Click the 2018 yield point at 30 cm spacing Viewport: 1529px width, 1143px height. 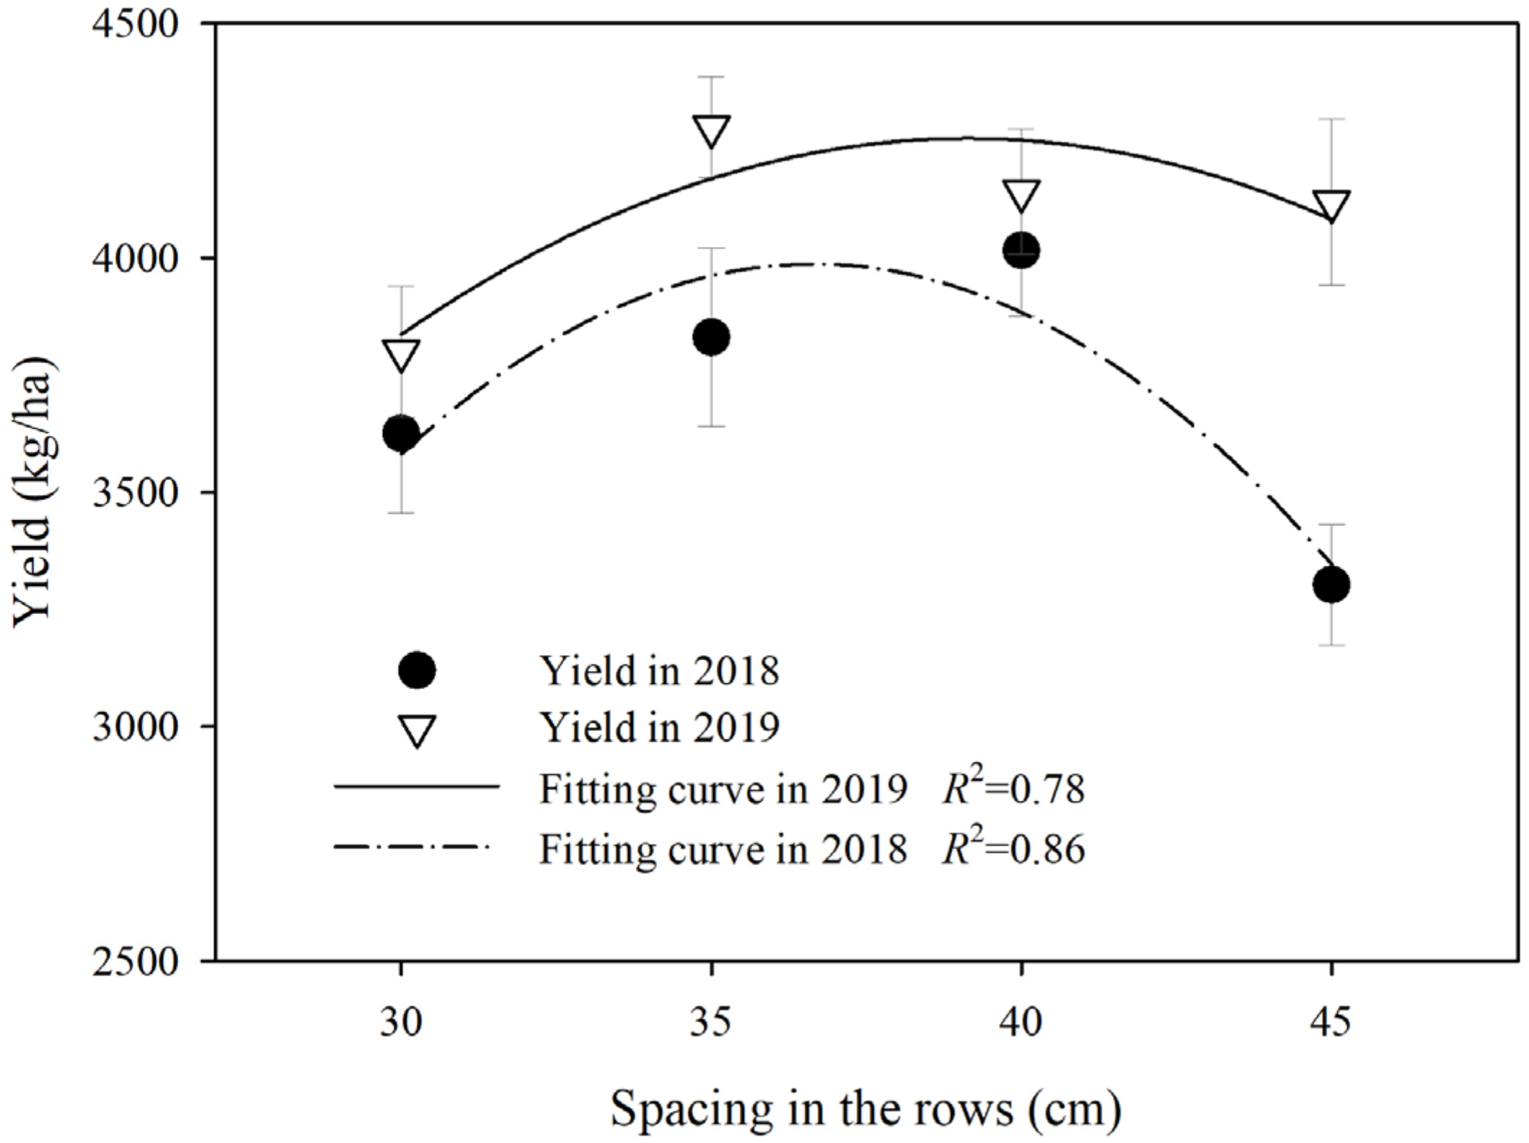tap(401, 434)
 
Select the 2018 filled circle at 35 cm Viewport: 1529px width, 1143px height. tap(711, 337)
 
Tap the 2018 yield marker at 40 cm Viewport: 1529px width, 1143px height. tap(1021, 250)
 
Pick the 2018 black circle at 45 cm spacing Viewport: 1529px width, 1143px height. tap(1331, 584)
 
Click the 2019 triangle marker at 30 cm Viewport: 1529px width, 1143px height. tap(401, 354)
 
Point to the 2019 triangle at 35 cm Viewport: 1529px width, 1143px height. tap(711, 130)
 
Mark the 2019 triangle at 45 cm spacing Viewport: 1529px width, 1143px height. tap(1331, 205)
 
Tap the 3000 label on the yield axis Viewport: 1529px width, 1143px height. tap(136, 727)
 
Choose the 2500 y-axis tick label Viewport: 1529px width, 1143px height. tap(136, 961)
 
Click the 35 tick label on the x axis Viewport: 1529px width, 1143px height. tap(711, 1022)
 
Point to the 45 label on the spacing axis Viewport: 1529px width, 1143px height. tap(1331, 1022)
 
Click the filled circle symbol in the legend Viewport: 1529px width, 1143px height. tap(417, 670)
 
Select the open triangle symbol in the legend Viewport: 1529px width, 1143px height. tap(417, 729)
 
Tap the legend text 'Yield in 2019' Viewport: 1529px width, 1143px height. tap(660, 727)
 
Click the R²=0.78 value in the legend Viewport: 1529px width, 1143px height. tap(1013, 788)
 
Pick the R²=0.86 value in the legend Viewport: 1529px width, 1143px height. tap(1013, 848)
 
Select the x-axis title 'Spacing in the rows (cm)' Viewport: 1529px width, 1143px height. tap(865, 1109)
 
